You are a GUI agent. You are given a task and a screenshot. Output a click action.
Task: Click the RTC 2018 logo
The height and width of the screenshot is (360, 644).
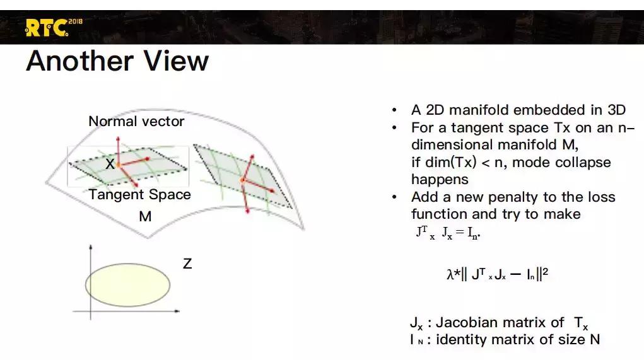tap(54, 28)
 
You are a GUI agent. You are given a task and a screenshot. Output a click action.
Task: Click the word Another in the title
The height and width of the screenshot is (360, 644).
tap(79, 61)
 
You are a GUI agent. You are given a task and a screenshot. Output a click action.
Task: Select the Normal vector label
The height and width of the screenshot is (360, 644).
tap(136, 122)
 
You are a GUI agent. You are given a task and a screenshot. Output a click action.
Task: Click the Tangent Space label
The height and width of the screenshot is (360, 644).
tap(139, 195)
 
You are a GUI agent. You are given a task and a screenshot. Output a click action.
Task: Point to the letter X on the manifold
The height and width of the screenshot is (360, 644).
tap(110, 164)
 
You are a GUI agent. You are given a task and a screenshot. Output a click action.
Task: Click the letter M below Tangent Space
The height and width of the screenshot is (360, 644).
tap(145, 216)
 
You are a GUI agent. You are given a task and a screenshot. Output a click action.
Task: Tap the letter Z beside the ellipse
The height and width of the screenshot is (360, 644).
tap(187, 264)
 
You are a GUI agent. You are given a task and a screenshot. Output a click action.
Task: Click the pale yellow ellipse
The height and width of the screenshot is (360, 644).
tap(128, 285)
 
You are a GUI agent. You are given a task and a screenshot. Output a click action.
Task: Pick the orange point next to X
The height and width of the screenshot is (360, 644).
tap(119, 165)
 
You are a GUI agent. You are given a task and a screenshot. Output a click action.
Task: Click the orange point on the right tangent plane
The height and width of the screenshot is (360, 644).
tap(243, 180)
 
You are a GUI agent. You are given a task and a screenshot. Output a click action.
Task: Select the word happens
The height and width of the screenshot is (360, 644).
tap(440, 180)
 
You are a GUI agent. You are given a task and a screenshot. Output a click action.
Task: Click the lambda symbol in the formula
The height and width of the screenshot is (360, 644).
tap(450, 274)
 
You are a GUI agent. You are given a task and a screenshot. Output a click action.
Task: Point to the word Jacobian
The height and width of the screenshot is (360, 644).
tap(462, 323)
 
